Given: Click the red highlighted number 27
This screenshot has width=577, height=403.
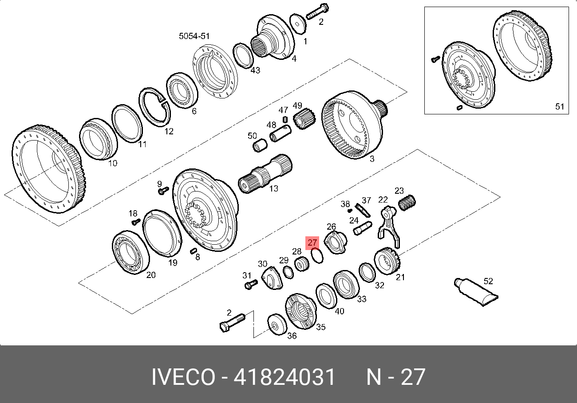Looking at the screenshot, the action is click(312, 243).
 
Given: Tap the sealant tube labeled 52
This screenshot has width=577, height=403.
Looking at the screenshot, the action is click(476, 292).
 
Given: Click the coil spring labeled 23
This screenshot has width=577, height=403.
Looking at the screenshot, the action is click(407, 203).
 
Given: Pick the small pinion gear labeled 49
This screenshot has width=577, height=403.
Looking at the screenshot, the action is click(304, 119).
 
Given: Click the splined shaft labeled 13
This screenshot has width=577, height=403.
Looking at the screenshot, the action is click(265, 173).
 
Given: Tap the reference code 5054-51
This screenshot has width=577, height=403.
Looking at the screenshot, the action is click(194, 36).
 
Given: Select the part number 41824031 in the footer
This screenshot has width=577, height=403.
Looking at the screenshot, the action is click(284, 377).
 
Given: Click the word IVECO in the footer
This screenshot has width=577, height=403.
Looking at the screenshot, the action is click(183, 377).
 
